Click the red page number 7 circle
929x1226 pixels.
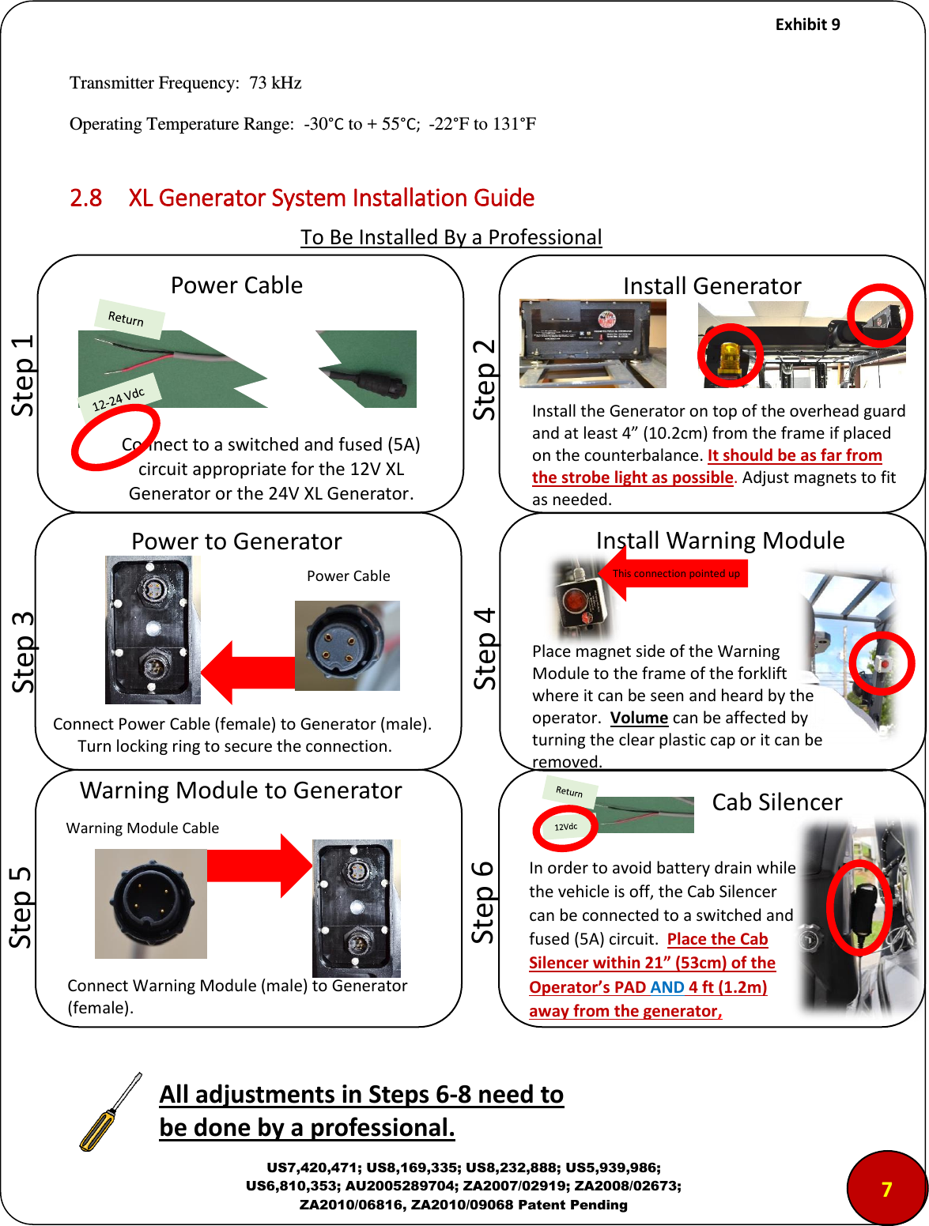[x=886, y=1188]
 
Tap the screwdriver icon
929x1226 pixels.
[x=111, y=1112]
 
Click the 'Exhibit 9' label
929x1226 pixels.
[x=807, y=25]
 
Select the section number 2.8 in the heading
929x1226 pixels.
[x=85, y=198]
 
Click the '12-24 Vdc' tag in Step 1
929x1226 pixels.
[x=119, y=399]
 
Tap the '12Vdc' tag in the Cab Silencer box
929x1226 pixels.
[x=565, y=827]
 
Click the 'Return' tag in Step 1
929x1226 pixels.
[x=127, y=319]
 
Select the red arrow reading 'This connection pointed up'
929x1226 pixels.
[x=674, y=574]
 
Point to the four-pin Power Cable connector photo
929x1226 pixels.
[x=347, y=645]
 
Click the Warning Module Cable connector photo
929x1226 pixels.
[x=150, y=903]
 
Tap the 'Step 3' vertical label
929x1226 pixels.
[x=23, y=652]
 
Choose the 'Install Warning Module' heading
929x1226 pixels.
[x=719, y=541]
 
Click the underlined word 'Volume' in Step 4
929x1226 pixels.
[x=639, y=718]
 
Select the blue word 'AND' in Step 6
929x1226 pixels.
[x=667, y=987]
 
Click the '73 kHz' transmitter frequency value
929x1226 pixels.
[x=275, y=83]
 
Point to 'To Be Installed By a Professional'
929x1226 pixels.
[x=451, y=237]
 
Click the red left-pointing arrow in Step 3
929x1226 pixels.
[x=247, y=673]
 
